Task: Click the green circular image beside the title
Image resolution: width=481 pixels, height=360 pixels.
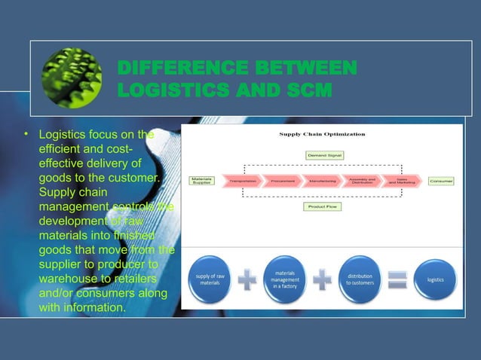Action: click(x=72, y=78)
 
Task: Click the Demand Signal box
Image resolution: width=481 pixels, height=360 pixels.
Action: click(x=324, y=155)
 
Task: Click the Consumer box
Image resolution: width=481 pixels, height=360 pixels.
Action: click(x=441, y=181)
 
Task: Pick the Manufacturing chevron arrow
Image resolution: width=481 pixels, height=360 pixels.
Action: click(x=323, y=181)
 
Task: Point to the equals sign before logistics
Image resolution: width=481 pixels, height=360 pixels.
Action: click(x=398, y=279)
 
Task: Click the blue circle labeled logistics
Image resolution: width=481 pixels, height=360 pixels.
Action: click(x=435, y=279)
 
